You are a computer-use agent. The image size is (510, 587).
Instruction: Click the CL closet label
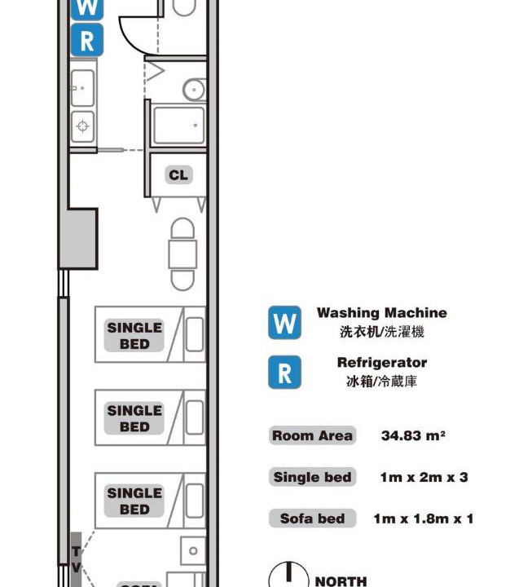pyautogui.click(x=178, y=174)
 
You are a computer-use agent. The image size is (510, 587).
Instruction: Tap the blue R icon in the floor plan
pyautogui.click(x=87, y=40)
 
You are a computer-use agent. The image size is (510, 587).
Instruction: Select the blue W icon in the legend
pyautogui.click(x=284, y=322)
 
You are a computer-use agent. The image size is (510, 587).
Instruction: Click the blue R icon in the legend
pyautogui.click(x=284, y=372)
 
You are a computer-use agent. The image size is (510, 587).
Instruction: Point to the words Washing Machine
pyautogui.click(x=381, y=312)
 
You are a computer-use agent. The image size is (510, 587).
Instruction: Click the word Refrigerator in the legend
pyautogui.click(x=381, y=362)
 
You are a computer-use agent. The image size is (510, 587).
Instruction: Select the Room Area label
pyautogui.click(x=312, y=435)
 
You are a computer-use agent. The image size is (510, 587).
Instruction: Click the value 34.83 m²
pyautogui.click(x=413, y=435)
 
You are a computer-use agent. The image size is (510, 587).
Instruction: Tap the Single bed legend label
pyautogui.click(x=312, y=477)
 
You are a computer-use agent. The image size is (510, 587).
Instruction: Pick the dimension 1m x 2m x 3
pyautogui.click(x=424, y=477)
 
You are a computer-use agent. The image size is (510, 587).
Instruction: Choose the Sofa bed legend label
pyautogui.click(x=312, y=519)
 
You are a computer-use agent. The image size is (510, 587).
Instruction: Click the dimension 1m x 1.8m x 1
pyautogui.click(x=423, y=519)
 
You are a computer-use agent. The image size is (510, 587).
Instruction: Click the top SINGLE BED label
pyautogui.click(x=134, y=336)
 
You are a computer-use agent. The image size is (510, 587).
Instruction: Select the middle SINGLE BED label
pyautogui.click(x=134, y=418)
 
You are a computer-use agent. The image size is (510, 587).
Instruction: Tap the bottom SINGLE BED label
pyautogui.click(x=134, y=501)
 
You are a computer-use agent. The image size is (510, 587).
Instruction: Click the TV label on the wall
pyautogui.click(x=76, y=559)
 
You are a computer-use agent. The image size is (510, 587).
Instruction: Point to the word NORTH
pyautogui.click(x=341, y=581)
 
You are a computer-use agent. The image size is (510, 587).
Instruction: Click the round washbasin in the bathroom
pyautogui.click(x=194, y=90)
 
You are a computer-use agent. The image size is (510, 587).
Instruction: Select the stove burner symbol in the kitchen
pyautogui.click(x=83, y=126)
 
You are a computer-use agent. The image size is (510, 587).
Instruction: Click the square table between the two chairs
pyautogui.click(x=182, y=254)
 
